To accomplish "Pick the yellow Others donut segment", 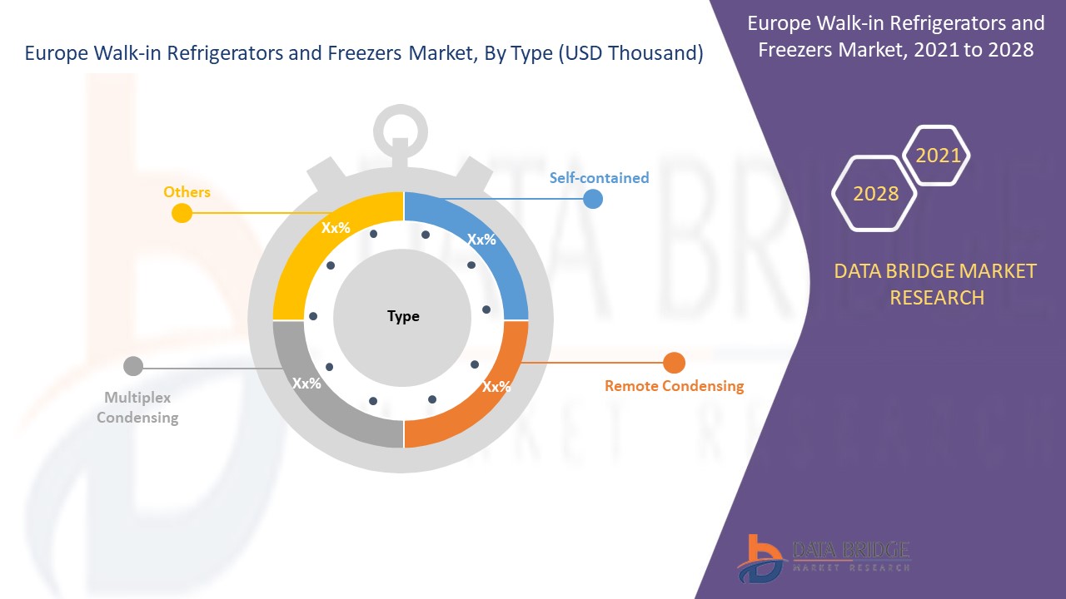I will pyautogui.click(x=308, y=250).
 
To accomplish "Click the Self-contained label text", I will pyautogui.click(x=599, y=177).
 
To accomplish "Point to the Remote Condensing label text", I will pyautogui.click(x=674, y=386).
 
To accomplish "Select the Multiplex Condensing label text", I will pyautogui.click(x=137, y=408).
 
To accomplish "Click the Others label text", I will pyautogui.click(x=187, y=192).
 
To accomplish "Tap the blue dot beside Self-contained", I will pyautogui.click(x=592, y=199).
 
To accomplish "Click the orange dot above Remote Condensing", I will pyautogui.click(x=674, y=363).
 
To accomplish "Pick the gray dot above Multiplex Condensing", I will pyautogui.click(x=133, y=366).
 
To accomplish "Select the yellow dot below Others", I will pyautogui.click(x=182, y=214).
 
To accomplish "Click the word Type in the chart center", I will pyautogui.click(x=403, y=316).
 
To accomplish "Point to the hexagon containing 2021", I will pyautogui.click(x=938, y=156).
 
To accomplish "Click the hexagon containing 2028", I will pyautogui.click(x=875, y=193).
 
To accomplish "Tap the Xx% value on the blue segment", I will pyautogui.click(x=481, y=240).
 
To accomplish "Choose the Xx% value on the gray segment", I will pyautogui.click(x=306, y=384).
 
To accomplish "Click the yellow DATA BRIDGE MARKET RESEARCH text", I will pyautogui.click(x=937, y=284).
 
